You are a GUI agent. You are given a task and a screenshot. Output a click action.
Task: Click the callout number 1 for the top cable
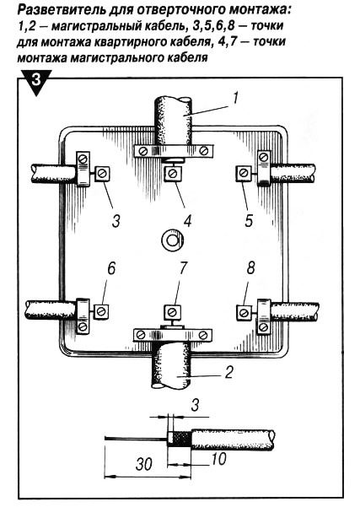[235, 98]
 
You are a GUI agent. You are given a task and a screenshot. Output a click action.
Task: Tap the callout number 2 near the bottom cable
[228, 372]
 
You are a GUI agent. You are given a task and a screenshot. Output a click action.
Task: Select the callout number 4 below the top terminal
[187, 221]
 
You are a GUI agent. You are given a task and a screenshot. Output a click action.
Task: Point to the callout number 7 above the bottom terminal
[183, 268]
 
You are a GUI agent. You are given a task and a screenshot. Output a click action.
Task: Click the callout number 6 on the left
[110, 268]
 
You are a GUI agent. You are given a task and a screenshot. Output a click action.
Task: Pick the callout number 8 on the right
[250, 268]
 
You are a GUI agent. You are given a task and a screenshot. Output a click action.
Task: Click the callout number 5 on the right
[248, 221]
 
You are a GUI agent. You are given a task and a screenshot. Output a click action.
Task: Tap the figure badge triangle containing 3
[35, 81]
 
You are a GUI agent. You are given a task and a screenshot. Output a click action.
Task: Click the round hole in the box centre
[172, 240]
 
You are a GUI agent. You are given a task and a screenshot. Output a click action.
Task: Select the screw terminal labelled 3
[103, 174]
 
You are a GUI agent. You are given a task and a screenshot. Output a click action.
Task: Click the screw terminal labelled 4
[172, 174]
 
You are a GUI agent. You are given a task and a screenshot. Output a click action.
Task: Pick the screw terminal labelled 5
[243, 173]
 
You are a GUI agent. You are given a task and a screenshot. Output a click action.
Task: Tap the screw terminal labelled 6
[101, 311]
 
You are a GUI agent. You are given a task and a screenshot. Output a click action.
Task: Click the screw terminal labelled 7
[172, 312]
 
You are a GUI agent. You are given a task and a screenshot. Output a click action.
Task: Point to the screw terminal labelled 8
[244, 313]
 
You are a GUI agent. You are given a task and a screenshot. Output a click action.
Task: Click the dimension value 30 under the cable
[144, 464]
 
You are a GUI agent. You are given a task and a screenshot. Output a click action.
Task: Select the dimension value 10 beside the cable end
[218, 459]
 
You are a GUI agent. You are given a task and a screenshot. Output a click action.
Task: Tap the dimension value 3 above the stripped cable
[195, 404]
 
